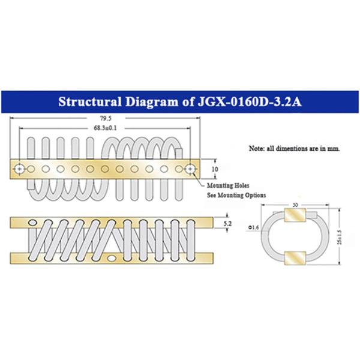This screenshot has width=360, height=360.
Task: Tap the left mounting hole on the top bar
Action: [x=21, y=169]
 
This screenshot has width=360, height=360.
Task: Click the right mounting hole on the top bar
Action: [x=191, y=169]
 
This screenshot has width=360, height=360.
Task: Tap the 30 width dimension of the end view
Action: [x=295, y=204]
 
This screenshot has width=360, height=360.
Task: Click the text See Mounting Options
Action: [x=236, y=195]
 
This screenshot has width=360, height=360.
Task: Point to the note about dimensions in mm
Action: [x=295, y=148]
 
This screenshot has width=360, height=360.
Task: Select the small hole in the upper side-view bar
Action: [x=34, y=223]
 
